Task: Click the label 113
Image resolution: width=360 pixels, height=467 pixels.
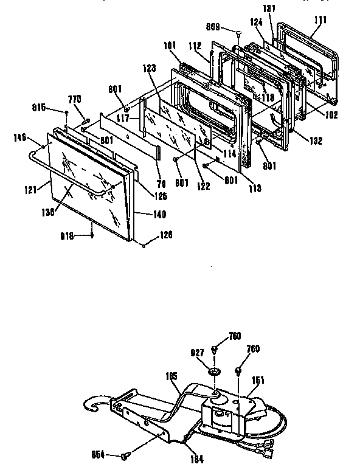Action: (x=255, y=189)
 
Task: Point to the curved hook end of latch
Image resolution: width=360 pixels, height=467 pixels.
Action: (x=92, y=404)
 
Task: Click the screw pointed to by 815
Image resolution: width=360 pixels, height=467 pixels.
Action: (x=66, y=112)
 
